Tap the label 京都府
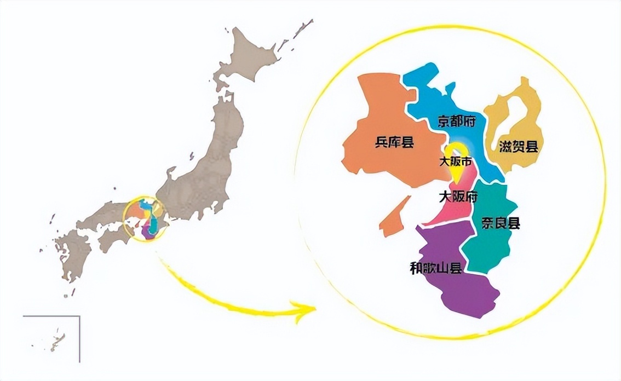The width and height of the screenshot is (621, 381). click(x=456, y=121)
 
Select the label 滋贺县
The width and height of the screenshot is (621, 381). click(x=517, y=147)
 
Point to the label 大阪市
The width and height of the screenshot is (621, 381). click(x=456, y=162)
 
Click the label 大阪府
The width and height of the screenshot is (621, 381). click(x=458, y=196)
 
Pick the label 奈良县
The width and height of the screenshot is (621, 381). click(x=501, y=223)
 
